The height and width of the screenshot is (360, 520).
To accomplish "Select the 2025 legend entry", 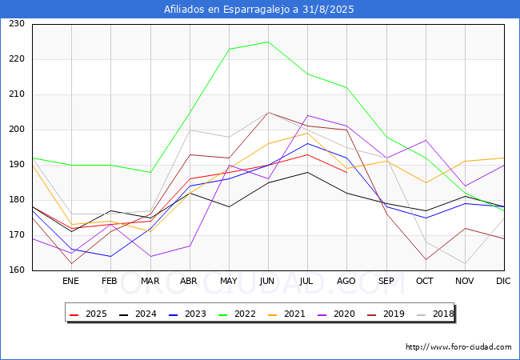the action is click(x=88, y=314).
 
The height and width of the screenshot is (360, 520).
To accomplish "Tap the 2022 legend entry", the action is click(x=237, y=314).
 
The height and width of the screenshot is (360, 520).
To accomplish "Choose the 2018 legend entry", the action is click(x=435, y=314).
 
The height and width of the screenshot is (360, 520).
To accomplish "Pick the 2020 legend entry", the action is click(x=336, y=314).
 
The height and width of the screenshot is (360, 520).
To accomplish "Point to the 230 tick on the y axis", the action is click(x=17, y=23).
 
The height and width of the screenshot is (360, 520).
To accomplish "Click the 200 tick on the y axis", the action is click(x=17, y=130).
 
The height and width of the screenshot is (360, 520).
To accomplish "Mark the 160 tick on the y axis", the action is click(x=17, y=270).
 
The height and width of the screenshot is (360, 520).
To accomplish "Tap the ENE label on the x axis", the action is click(x=70, y=281).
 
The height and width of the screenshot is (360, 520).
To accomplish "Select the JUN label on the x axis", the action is click(x=267, y=281).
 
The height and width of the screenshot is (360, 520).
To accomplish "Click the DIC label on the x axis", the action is click(x=503, y=281).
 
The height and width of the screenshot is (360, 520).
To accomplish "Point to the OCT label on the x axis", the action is click(x=425, y=281).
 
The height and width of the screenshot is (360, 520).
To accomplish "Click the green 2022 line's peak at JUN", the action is click(x=268, y=42).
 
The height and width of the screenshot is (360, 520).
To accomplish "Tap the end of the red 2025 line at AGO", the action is click(x=347, y=172).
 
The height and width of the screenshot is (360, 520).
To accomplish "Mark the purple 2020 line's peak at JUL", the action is click(x=308, y=115).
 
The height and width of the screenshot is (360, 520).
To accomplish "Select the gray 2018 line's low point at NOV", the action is click(x=465, y=263).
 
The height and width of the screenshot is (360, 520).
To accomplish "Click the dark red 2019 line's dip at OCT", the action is click(x=426, y=259).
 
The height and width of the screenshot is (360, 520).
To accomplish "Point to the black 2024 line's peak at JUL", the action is click(x=308, y=172).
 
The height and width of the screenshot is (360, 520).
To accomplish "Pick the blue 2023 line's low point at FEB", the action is click(x=110, y=256).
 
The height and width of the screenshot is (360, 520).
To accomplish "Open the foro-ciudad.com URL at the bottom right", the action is click(x=458, y=347).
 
